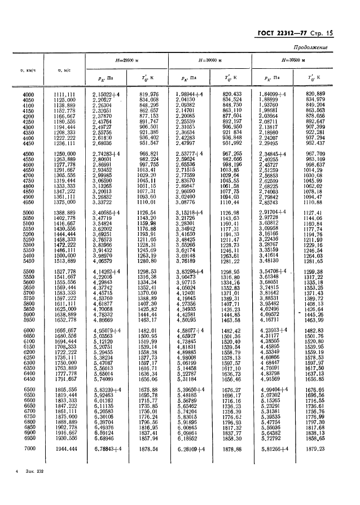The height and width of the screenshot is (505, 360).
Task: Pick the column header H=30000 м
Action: [209, 59]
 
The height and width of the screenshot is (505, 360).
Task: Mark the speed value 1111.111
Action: [64, 94]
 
